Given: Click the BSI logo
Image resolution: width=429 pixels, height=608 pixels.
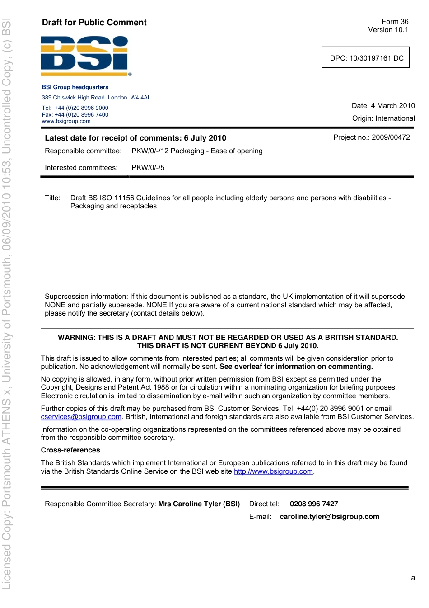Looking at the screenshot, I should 85,56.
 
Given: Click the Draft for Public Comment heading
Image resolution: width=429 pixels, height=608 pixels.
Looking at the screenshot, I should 94,23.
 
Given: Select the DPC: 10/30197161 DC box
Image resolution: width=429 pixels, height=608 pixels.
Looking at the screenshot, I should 365,58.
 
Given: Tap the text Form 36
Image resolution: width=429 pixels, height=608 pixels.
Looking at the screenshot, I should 395,22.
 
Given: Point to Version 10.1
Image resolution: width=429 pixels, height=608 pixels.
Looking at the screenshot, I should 388,30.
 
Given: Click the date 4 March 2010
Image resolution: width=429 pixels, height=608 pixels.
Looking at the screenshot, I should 392,106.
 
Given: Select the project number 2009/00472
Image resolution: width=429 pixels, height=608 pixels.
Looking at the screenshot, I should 391,137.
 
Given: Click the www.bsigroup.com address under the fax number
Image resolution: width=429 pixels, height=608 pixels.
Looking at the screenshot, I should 66,121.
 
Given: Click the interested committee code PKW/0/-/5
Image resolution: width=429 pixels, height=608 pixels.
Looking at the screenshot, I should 148,168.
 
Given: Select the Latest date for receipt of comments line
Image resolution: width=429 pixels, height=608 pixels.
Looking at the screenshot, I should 135,138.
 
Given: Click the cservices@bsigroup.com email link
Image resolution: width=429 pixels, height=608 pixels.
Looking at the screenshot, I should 81,417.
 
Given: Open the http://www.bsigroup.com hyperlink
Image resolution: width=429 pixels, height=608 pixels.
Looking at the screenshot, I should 273,471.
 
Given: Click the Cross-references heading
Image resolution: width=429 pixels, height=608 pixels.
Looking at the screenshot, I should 70,450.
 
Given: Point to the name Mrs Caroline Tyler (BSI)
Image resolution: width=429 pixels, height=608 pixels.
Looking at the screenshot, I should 199,504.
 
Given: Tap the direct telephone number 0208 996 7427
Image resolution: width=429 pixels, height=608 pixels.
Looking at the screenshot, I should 314,504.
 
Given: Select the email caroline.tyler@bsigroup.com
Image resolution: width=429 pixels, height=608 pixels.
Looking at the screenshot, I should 329,517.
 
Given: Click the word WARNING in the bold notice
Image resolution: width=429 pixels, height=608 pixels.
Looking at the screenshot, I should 76,338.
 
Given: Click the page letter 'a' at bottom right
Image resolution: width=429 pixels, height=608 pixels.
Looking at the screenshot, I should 413,578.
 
